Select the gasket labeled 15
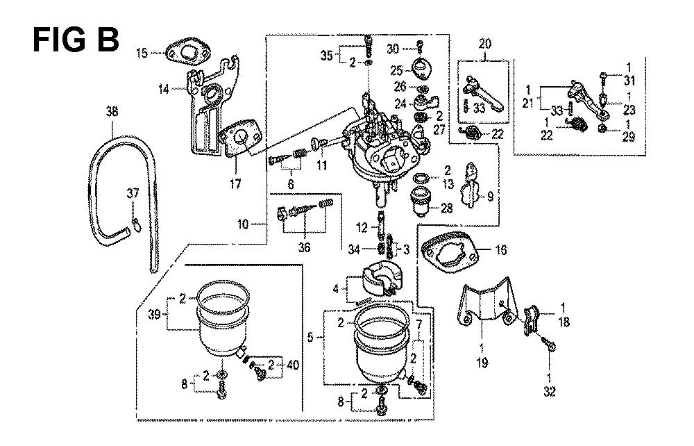(x=183, y=53)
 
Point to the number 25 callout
(x=396, y=69)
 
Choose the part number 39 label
(x=153, y=314)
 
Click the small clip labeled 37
(x=136, y=222)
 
